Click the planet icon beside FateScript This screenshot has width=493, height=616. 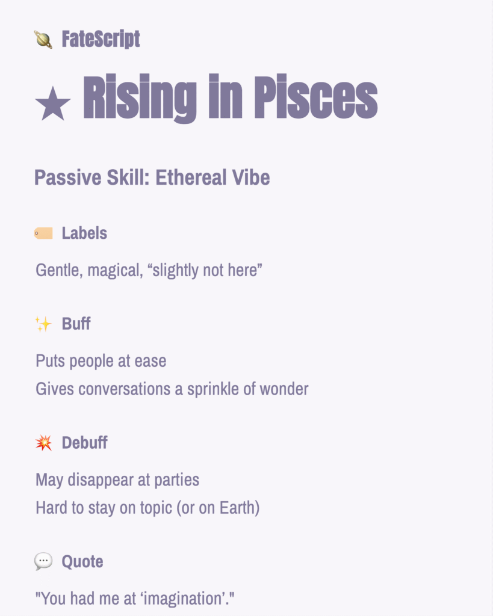coord(43,40)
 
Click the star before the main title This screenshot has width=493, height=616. coord(53,103)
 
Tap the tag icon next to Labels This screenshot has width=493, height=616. coord(43,233)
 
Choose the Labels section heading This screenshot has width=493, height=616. coord(84,233)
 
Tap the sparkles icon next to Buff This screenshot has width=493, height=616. coord(43,324)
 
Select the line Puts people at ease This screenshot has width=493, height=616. coord(101,361)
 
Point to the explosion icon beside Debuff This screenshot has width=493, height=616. coord(43,443)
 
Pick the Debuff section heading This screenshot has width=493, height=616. coord(84,443)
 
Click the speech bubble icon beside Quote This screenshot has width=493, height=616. coord(43,562)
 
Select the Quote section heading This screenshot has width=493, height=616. coord(82,562)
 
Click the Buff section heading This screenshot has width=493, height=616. coord(76,324)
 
